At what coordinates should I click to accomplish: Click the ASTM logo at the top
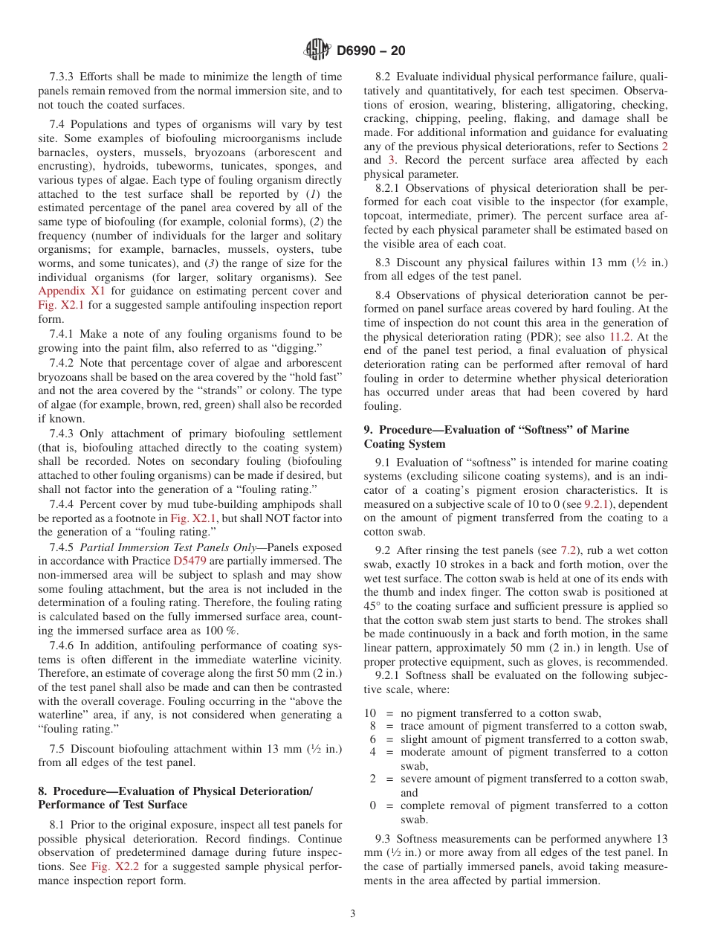coord(317,51)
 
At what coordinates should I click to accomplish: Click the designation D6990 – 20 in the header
coord(371,51)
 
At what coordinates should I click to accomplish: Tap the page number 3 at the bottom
coord(353,914)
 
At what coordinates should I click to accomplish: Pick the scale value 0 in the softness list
coord(373,805)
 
